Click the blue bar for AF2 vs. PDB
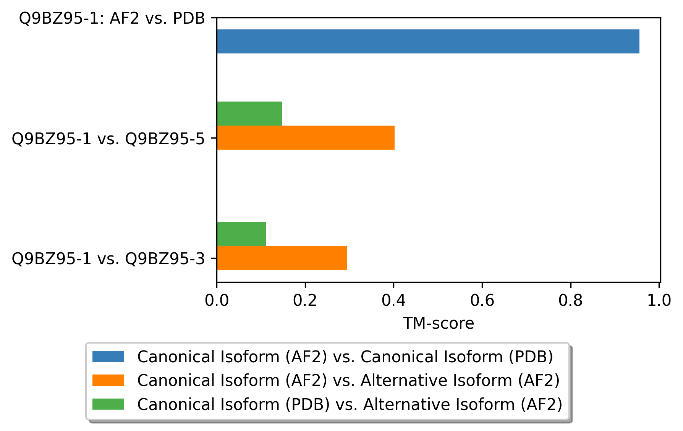click(x=428, y=41)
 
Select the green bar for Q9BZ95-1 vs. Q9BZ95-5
click(x=249, y=113)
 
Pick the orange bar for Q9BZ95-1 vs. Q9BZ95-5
click(x=306, y=137)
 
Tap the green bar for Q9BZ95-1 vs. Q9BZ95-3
click(x=241, y=234)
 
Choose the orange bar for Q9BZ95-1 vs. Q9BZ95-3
click(x=282, y=258)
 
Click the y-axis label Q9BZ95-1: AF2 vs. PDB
click(x=112, y=18)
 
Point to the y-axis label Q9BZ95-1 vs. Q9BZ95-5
click(x=108, y=139)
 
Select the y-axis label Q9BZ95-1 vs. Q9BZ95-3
click(x=108, y=259)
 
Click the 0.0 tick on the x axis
click(x=217, y=300)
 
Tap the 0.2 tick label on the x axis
click(x=305, y=300)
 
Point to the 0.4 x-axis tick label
click(x=393, y=300)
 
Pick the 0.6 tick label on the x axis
click(x=482, y=300)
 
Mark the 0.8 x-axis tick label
click(x=570, y=300)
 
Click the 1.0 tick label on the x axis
click(x=659, y=300)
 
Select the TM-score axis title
click(x=438, y=323)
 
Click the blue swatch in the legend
click(x=108, y=357)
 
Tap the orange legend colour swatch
click(x=108, y=380)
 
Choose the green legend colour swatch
click(x=108, y=404)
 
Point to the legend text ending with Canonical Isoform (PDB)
click(x=345, y=357)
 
